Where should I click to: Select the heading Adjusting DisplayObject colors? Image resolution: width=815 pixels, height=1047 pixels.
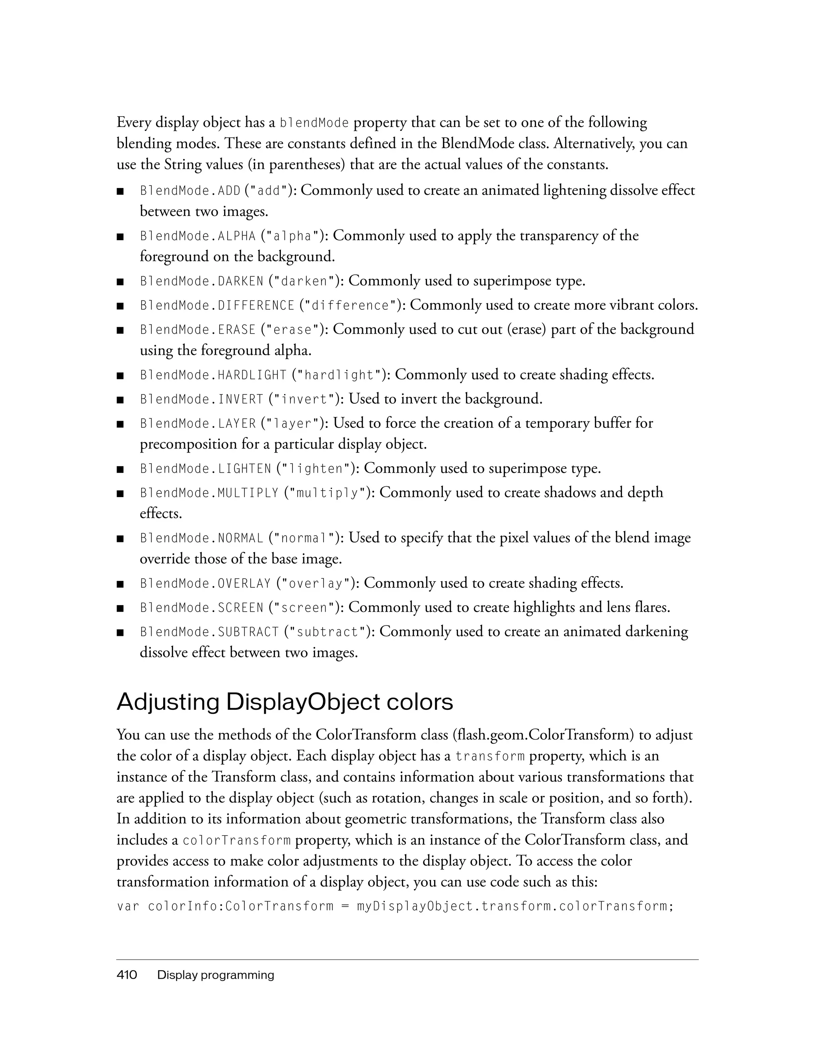(x=285, y=702)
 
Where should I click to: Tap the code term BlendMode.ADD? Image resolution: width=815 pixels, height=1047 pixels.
(x=190, y=191)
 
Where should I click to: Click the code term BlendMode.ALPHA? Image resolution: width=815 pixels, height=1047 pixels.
(x=198, y=236)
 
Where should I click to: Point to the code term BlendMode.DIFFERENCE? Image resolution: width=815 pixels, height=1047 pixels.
(x=217, y=306)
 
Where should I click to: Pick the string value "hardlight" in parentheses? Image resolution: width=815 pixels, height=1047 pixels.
(x=339, y=375)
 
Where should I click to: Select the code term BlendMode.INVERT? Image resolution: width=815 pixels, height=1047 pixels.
(x=201, y=399)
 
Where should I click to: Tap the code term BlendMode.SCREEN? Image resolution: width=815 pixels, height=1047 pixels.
(x=201, y=608)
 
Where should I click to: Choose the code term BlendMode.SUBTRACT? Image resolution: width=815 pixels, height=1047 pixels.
(x=209, y=632)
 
